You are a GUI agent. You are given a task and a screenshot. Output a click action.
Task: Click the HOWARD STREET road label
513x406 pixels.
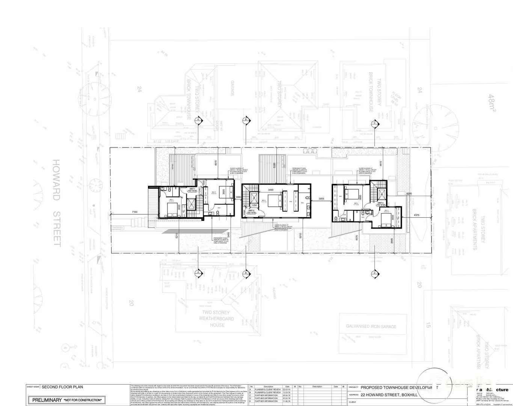point(57,203)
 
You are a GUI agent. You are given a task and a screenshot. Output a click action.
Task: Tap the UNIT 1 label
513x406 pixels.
point(192,188)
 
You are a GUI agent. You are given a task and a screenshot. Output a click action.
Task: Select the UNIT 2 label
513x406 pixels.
point(251,211)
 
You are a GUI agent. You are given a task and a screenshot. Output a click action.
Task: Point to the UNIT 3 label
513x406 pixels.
point(380,202)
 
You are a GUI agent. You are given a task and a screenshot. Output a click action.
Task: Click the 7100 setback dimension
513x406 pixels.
point(134,212)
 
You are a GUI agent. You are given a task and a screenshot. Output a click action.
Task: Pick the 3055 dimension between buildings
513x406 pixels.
point(321,198)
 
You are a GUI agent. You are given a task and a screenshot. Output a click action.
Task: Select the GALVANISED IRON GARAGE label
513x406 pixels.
point(371,326)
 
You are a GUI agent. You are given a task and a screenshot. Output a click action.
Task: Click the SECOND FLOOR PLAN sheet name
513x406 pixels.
point(62,387)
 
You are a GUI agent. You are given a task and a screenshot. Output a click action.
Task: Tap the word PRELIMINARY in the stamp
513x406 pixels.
point(47,400)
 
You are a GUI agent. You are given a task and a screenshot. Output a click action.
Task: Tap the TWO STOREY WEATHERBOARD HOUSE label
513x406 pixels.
point(217,319)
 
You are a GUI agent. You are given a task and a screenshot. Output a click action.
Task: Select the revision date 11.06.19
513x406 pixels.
point(287,401)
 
